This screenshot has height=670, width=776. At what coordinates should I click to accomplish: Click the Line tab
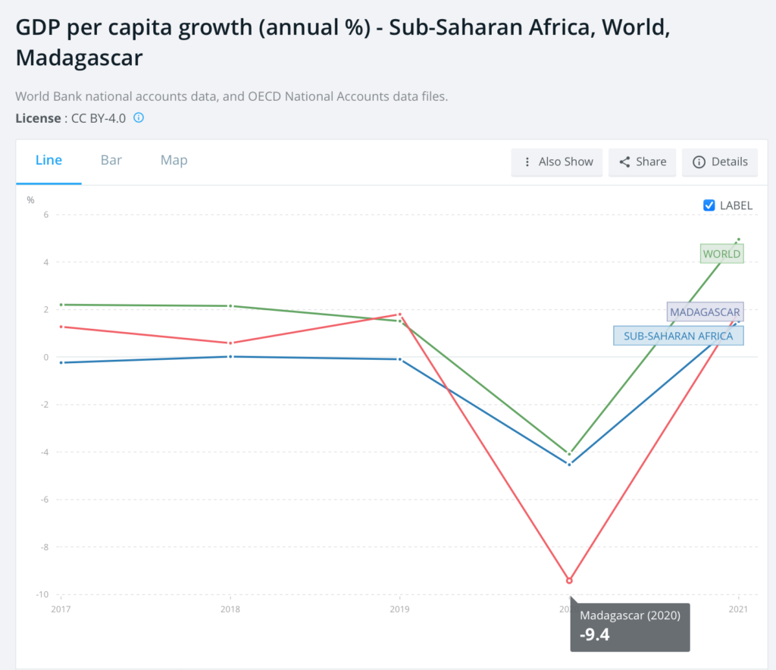(x=48, y=161)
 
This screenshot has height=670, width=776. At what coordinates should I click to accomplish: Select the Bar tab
(x=111, y=161)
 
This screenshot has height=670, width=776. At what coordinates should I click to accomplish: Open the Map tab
(x=174, y=161)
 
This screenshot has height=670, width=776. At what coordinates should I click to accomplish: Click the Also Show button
(x=557, y=161)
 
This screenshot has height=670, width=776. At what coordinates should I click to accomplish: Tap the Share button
(x=643, y=161)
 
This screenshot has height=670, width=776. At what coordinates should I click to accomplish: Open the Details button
(x=720, y=161)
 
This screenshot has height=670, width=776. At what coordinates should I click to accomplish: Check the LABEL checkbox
(x=709, y=205)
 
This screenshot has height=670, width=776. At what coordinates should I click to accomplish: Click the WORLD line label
(x=721, y=254)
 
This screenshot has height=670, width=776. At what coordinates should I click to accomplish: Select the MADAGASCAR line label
(x=704, y=312)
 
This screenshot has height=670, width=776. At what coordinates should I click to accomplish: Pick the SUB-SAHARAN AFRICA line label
(x=678, y=336)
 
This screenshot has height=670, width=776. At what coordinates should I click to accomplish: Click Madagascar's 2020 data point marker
(x=569, y=581)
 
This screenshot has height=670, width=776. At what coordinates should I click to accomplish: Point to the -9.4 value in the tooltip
(x=595, y=634)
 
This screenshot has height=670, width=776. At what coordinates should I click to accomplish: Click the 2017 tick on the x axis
(x=61, y=609)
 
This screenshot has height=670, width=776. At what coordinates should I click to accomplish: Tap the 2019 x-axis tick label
(x=399, y=609)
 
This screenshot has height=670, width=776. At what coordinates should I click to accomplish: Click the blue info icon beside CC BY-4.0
(x=139, y=118)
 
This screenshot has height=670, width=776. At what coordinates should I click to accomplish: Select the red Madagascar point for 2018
(x=230, y=343)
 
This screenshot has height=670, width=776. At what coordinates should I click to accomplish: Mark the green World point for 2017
(x=61, y=305)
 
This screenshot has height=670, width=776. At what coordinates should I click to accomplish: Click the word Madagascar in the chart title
(x=79, y=58)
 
